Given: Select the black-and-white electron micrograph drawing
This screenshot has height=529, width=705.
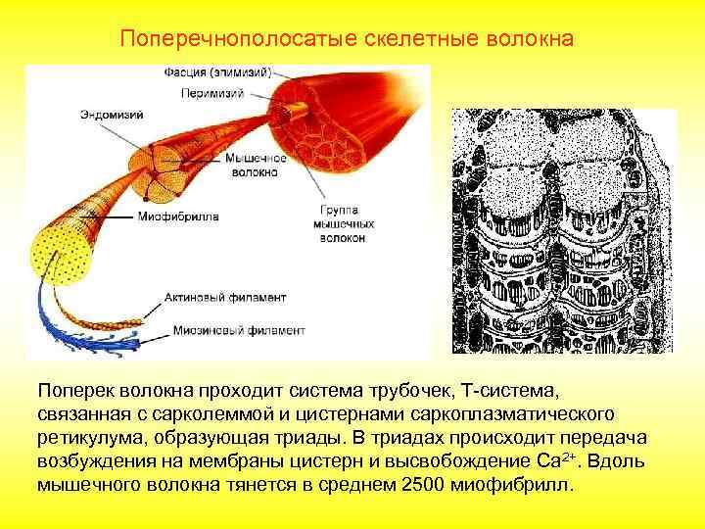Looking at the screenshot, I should [563, 230].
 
